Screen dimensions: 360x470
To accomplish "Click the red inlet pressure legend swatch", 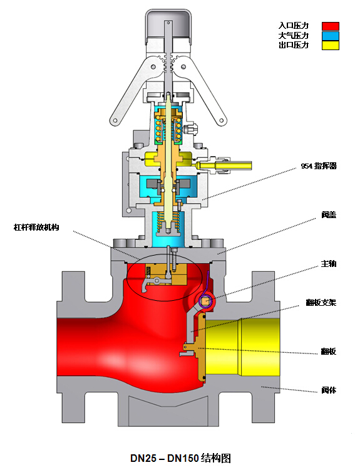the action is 331,26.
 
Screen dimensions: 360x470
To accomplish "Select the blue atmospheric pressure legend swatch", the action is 331,36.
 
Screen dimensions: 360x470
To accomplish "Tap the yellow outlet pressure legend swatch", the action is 331,45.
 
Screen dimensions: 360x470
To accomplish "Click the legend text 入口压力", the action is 294,26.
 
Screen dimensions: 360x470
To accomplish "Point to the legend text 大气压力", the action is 294,36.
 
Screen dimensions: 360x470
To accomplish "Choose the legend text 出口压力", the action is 294,45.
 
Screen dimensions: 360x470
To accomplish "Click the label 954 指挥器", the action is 319,166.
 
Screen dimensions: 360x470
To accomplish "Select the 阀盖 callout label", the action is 329,215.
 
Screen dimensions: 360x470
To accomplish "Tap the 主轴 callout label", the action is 329,264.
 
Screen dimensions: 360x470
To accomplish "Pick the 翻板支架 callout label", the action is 321,303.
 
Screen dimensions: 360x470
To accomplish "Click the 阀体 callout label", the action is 329,390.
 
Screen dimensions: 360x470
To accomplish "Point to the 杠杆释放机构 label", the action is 36,227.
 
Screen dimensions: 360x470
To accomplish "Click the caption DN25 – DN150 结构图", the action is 180,458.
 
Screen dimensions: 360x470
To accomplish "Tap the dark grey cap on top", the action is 168,26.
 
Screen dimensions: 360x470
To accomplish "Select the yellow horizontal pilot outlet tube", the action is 225,165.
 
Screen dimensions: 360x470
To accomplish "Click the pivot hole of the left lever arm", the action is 153,66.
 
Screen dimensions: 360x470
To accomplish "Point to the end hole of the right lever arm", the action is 222,121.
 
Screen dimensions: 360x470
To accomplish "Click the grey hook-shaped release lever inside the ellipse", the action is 153,284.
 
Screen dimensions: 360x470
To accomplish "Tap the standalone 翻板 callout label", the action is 329,352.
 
